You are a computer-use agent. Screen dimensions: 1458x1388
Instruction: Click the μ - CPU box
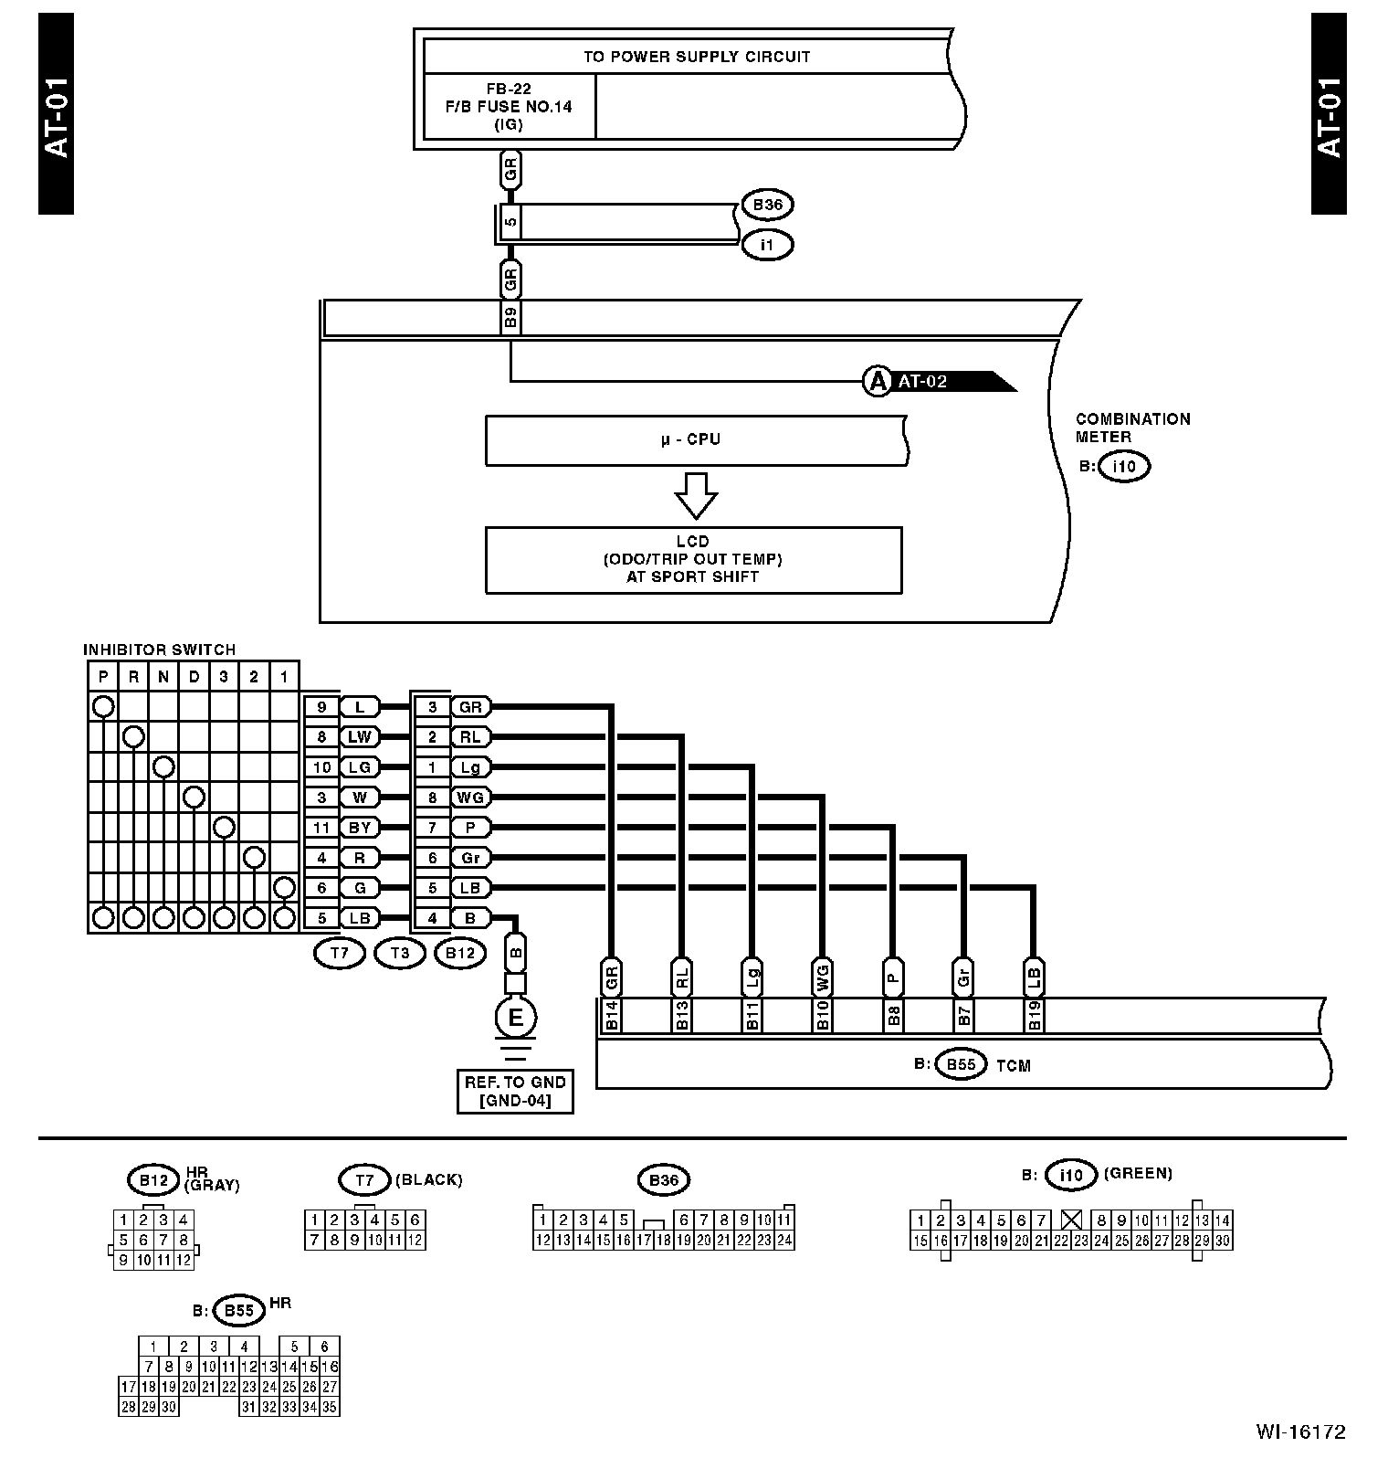click(694, 440)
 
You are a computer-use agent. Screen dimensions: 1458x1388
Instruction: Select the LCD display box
click(693, 559)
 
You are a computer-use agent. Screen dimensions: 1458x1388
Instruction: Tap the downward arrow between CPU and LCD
click(696, 495)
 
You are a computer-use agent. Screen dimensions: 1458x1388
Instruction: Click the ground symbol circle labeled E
click(516, 1017)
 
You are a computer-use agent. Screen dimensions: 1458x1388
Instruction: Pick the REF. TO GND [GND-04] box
click(516, 1091)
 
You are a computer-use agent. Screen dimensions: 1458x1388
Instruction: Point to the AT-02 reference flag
click(941, 382)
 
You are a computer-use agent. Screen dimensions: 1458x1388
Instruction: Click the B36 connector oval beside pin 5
click(767, 206)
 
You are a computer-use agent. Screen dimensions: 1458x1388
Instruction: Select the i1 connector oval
click(767, 245)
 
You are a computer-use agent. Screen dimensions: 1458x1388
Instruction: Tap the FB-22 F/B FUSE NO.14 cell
click(509, 107)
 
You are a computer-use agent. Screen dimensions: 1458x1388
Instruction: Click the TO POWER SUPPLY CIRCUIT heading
click(697, 57)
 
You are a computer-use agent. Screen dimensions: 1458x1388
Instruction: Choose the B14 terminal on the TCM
click(612, 1016)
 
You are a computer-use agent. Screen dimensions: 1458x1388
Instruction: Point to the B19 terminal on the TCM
click(1034, 1016)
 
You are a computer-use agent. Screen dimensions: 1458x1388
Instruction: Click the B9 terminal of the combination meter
click(511, 319)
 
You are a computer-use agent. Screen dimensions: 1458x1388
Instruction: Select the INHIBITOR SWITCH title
click(159, 650)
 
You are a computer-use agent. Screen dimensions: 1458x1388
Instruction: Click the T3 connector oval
click(400, 954)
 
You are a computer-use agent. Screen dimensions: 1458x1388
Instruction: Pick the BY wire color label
click(360, 828)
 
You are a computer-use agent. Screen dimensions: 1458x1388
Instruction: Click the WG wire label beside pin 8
click(470, 798)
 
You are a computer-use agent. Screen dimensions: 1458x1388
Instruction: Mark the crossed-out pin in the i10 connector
click(1072, 1220)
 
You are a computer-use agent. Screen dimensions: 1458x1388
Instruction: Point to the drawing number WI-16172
click(1299, 1432)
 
